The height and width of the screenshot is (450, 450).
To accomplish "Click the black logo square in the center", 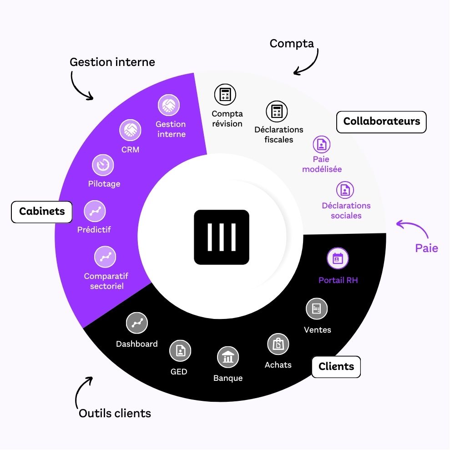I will click(222, 237).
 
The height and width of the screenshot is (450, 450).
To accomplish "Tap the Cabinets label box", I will click(42, 212).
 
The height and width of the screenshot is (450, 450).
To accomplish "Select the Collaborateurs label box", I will click(381, 121).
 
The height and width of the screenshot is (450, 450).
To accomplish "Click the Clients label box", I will click(336, 367).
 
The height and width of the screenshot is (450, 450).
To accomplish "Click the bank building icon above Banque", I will click(228, 358).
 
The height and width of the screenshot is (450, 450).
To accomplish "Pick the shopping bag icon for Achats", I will click(278, 344).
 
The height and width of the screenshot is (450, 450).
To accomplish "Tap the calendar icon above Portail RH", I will click(338, 259).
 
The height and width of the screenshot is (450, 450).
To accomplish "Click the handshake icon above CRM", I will click(130, 130).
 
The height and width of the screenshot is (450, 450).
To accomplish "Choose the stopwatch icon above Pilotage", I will click(103, 165).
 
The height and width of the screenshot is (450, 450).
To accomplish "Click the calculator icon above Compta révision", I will click(225, 94).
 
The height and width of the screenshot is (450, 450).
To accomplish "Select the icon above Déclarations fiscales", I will click(277, 111).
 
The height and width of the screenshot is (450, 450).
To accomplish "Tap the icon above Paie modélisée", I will click(322, 145).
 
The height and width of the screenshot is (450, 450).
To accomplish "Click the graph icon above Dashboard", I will click(137, 323).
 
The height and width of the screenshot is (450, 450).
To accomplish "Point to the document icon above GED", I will click(180, 351).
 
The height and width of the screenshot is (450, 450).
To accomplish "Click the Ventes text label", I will click(318, 330).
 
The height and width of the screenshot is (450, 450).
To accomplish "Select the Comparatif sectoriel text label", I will click(106, 281).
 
